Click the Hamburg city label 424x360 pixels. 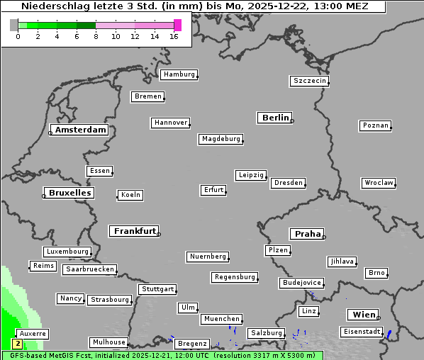[x=179, y=74]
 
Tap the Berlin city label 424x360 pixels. [x=275, y=118]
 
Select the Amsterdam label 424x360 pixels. [x=80, y=130]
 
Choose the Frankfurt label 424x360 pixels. [x=135, y=231]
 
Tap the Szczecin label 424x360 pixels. [x=309, y=81]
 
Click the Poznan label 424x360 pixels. [x=375, y=125]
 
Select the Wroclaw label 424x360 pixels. [x=378, y=183]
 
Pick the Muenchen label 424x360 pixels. [x=221, y=319]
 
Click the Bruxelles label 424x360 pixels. [x=69, y=193]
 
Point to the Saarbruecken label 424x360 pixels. [x=89, y=269]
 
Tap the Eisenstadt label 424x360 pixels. [x=361, y=332]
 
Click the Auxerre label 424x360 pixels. [x=33, y=333]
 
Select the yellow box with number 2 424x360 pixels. [x=18, y=344]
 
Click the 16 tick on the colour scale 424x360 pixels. [x=174, y=36]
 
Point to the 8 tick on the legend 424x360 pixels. [x=96, y=36]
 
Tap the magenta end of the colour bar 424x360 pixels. [x=177, y=25]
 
